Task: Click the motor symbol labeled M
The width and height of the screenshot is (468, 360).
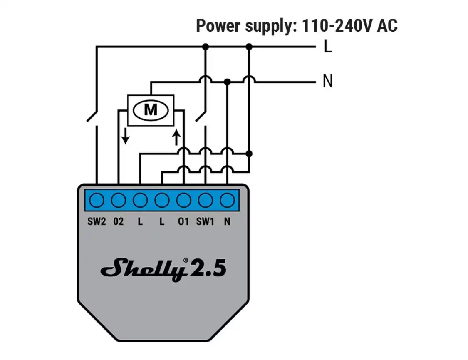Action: (151, 110)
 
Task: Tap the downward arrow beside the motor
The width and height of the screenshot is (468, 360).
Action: (126, 136)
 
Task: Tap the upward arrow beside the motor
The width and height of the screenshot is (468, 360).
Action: (177, 138)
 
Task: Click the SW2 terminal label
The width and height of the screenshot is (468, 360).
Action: (97, 221)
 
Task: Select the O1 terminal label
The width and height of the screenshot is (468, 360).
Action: (183, 221)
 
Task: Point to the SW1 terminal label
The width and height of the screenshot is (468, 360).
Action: (205, 221)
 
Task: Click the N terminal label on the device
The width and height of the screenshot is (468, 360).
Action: (227, 221)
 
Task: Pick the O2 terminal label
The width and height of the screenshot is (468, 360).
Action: (119, 221)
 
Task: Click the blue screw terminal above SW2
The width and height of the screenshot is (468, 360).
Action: (97, 200)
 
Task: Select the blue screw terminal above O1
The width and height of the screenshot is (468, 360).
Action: (183, 200)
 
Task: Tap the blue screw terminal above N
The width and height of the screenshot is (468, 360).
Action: (227, 200)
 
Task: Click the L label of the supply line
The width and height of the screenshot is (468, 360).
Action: (328, 47)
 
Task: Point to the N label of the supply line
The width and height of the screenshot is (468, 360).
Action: (328, 81)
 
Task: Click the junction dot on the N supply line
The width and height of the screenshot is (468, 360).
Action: (227, 82)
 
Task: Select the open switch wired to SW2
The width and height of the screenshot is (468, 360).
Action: (92, 117)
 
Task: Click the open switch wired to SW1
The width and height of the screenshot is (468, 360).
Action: (201, 117)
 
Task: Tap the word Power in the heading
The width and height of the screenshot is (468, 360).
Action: (218, 26)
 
